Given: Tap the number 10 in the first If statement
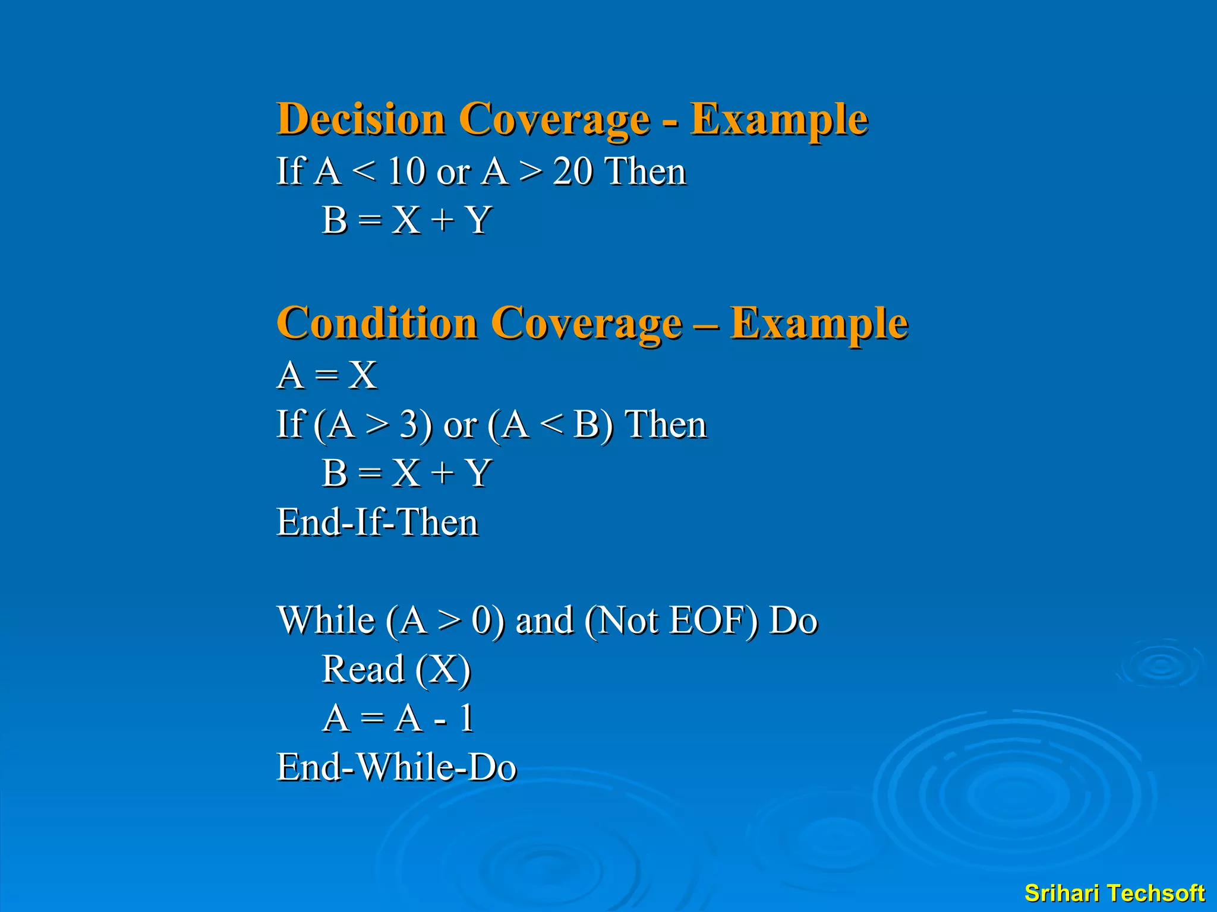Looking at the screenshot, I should click(407, 172).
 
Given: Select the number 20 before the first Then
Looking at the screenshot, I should click(572, 172).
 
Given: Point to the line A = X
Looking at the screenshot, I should click(327, 376).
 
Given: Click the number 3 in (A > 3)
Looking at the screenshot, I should click(409, 425).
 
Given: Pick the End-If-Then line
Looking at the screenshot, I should click(377, 523).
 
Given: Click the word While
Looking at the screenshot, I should click(326, 620).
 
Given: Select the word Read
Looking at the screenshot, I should click(362, 670).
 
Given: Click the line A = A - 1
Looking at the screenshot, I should click(397, 718).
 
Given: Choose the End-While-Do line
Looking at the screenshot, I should click(396, 768).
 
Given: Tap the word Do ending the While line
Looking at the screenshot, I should click(793, 620).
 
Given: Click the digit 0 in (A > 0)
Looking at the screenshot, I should click(481, 620).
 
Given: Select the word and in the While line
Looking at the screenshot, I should click(544, 620).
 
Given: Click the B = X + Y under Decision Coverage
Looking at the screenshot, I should click(406, 220).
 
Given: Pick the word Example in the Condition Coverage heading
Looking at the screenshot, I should click(819, 323).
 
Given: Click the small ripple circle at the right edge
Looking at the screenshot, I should click(1160, 665).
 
